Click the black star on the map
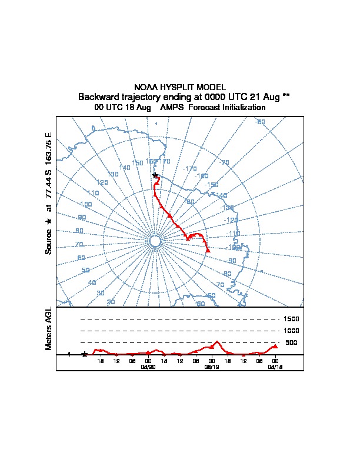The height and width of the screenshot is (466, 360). pos(155,175)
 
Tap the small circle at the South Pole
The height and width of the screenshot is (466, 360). pos(155,241)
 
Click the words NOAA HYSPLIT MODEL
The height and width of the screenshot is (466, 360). pos(179,87)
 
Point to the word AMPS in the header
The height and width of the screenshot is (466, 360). pos(172,108)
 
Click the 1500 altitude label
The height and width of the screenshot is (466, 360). pos(292,319)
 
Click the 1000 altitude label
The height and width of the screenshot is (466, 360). pos(292,331)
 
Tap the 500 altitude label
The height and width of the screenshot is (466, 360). pos(292,342)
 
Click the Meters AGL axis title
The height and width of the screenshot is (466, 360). pos(49,329)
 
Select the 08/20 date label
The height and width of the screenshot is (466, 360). pos(148,366)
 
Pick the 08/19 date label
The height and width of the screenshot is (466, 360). pos(211,366)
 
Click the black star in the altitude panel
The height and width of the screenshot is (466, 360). pos(85,354)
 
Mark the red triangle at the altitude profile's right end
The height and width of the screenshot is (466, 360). pos(275,346)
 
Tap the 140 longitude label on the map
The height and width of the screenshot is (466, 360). pos(124,168)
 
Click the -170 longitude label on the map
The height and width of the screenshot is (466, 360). pos(189,169)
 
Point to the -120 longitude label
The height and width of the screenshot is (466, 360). pos(232,221)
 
